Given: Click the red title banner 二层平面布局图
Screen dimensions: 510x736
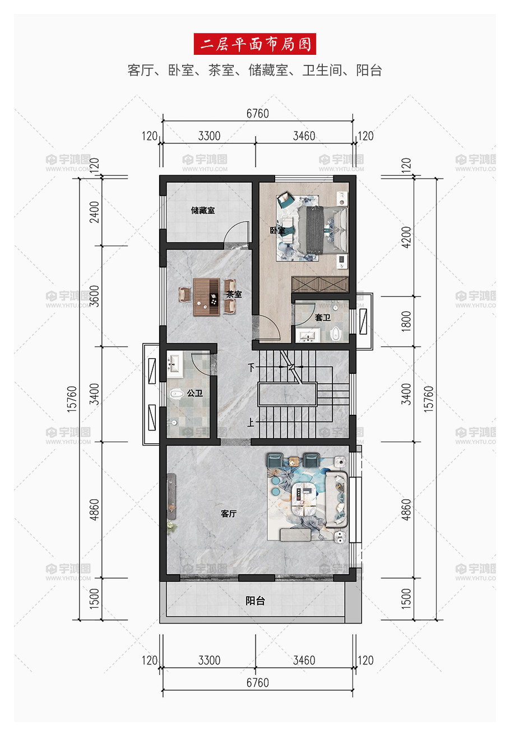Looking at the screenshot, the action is click(x=254, y=44).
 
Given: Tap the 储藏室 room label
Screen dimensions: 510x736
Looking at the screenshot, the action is click(x=203, y=210).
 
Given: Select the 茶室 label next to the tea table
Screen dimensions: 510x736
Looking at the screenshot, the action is click(x=234, y=294).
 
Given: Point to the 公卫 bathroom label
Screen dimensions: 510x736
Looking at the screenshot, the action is click(x=195, y=393).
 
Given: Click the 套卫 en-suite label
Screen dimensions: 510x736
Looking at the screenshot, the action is click(x=322, y=317).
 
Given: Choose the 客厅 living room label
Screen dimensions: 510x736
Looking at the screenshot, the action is click(x=229, y=514).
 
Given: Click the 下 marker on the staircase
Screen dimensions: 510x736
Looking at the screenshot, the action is click(x=252, y=367).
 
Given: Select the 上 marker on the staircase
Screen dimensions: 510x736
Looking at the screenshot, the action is click(x=251, y=422).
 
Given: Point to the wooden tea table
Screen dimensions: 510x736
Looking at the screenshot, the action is click(x=206, y=297).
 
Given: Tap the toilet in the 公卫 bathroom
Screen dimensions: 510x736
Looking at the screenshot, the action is click(x=177, y=393).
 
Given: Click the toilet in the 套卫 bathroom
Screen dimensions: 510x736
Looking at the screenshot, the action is click(x=336, y=334).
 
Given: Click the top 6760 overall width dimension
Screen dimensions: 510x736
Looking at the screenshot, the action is click(x=258, y=114).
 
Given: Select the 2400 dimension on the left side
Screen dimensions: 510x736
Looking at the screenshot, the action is click(x=94, y=212).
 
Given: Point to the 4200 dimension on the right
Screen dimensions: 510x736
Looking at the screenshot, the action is click(x=406, y=237).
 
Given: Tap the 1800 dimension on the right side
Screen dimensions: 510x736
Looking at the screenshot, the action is click(x=406, y=321).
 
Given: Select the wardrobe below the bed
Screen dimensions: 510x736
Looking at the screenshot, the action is click(x=320, y=284).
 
